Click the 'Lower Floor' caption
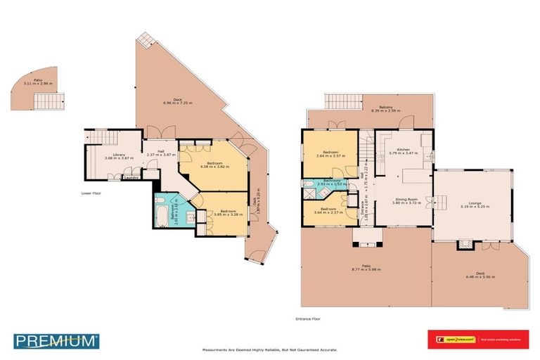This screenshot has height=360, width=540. click(92, 192)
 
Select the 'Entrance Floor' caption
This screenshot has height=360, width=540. click(309, 319)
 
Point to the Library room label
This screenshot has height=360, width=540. click(103, 156)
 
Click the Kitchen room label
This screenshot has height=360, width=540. click(403, 150)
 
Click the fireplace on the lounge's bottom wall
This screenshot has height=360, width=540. click(464, 245)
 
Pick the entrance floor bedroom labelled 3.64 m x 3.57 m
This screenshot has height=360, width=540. click(330, 154)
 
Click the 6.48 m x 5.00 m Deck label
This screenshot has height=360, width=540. click(480, 276)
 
